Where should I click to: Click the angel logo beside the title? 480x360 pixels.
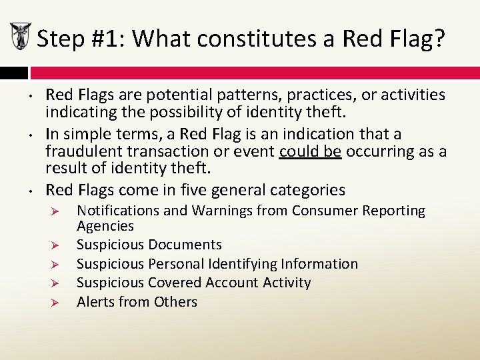(19, 37)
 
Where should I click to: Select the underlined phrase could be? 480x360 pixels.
(310, 151)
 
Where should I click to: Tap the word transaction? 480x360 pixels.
(171, 151)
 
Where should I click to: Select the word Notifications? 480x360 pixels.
(118, 211)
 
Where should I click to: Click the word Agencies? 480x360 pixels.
(105, 226)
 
